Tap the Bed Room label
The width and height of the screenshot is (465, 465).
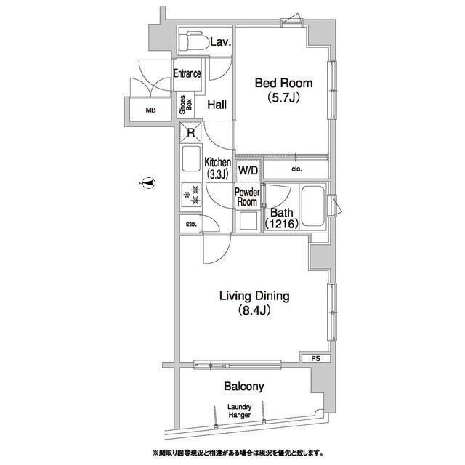point(284,83)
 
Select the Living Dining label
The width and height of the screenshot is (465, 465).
point(254,296)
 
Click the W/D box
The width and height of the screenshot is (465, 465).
point(248,171)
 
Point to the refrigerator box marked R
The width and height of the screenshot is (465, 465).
point(190,132)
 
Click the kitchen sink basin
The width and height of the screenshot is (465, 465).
point(191,158)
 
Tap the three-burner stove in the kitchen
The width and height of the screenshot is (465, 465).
point(191,195)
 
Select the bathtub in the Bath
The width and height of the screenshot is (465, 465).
point(312,206)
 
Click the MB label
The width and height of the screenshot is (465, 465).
point(150,110)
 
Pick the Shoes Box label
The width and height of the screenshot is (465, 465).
point(186,105)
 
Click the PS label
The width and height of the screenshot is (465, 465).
point(316,358)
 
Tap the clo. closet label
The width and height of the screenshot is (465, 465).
point(297,169)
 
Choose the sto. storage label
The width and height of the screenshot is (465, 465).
point(191,225)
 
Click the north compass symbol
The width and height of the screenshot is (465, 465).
point(148,182)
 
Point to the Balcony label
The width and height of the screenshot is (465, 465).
point(244,386)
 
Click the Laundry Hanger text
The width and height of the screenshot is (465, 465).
point(240,411)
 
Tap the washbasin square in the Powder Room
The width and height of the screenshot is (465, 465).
point(248,221)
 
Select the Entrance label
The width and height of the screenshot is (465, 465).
point(187,73)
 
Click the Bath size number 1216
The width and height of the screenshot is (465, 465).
point(282,224)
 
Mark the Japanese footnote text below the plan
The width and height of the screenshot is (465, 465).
point(238,453)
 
